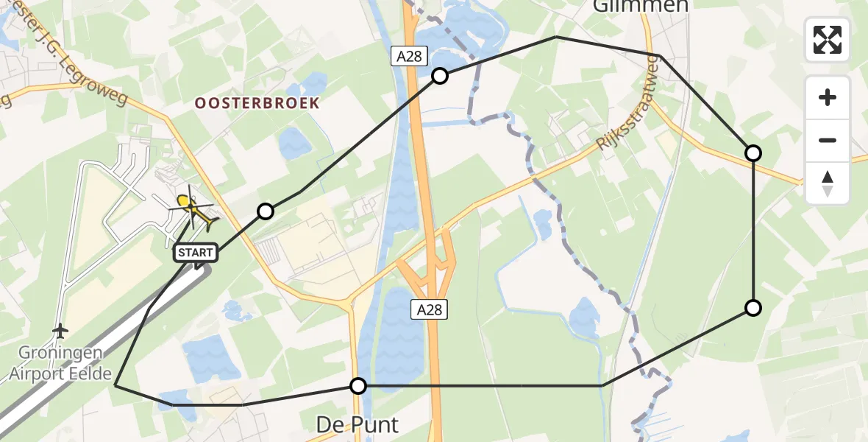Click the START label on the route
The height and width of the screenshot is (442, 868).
(196, 253)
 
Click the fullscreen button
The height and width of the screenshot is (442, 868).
(828, 40)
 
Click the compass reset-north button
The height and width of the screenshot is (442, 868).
(828, 183)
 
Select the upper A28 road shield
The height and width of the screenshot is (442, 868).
(410, 57)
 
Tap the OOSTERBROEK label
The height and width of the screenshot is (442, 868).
(257, 103)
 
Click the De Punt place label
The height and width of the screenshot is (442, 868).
(357, 424)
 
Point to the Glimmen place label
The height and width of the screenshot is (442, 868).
(641, 7)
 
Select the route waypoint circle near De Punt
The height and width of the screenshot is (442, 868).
(358, 386)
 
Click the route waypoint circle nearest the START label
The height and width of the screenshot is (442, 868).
(266, 212)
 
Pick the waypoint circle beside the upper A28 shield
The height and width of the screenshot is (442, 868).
(440, 75)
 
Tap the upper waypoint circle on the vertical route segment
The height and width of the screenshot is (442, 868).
(753, 153)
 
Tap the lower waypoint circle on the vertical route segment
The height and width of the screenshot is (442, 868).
(753, 308)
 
